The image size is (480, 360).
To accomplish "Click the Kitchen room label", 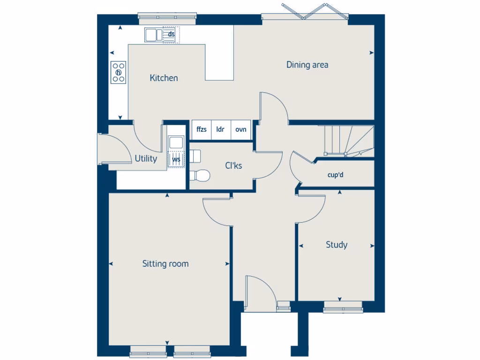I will coord(164,78).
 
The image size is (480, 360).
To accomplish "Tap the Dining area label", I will coord(307,65).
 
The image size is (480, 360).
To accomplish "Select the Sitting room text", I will coord(165,264).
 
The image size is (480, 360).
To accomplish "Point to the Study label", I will coord(337,245).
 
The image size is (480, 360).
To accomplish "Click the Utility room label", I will coord(146,159).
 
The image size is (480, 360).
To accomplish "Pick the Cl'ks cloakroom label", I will coord(233,165).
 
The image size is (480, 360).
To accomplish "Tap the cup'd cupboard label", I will coord(336,175).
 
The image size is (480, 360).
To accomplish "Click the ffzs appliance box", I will coord(202,129).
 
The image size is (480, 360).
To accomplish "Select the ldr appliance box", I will coord(220,129).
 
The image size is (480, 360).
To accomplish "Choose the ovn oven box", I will coord(240,129).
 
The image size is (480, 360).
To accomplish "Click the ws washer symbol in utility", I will coord(176,159).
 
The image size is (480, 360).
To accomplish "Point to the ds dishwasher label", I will coord(171,35).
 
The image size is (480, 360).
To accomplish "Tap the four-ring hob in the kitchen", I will coord(119,73).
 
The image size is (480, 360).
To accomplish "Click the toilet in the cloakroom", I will coord(200,175).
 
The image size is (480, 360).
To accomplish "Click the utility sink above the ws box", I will coord(176,142).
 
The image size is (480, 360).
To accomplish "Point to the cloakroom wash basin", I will coord(195,155).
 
